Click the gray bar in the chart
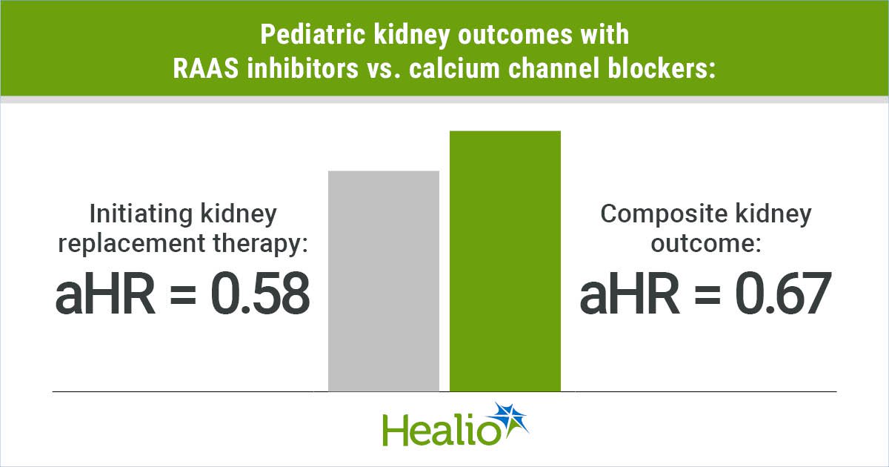click(384, 281)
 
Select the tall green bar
click(505, 261)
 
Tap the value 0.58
click(260, 294)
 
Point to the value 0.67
click(782, 294)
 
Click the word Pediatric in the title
click(313, 35)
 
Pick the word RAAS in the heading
click(206, 68)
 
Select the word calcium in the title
click(455, 68)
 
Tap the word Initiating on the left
click(141, 215)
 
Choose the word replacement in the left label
click(132, 243)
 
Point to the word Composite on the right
click(664, 215)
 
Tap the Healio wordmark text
click(441, 430)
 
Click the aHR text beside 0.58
click(105, 294)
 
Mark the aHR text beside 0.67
click(630, 294)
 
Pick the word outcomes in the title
click(515, 35)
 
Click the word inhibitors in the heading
click(303, 68)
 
